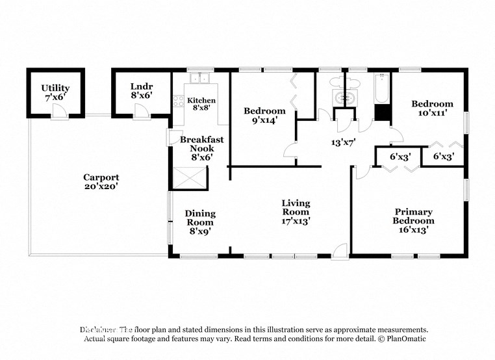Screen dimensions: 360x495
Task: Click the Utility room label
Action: (55, 88)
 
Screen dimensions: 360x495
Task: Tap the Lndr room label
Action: (141, 86)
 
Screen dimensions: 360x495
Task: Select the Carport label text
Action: (101, 177)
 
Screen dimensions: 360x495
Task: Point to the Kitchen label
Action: (201, 101)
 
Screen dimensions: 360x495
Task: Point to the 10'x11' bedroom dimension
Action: (432, 114)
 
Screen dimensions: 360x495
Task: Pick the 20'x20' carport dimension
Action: (101, 186)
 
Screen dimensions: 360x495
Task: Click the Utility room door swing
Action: (60, 113)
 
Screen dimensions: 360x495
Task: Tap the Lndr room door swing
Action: (142, 113)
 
